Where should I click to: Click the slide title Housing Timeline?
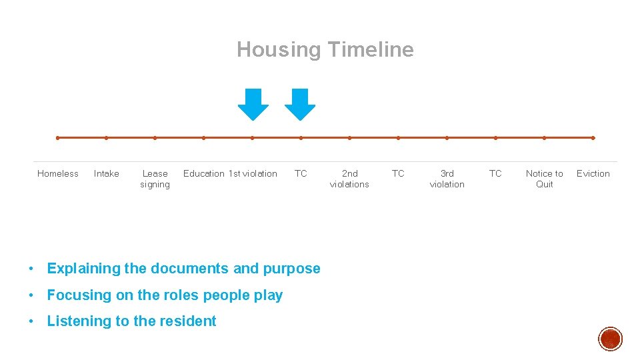[325, 49]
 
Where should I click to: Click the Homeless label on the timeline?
[58, 173]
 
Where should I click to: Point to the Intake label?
[107, 173]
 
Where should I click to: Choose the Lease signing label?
[155, 179]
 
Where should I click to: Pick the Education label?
[204, 173]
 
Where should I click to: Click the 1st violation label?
[253, 173]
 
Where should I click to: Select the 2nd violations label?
[349, 179]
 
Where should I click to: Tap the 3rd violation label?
[447, 179]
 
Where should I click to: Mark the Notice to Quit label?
[544, 179]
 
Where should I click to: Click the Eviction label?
[593, 173]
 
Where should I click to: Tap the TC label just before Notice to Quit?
[495, 173]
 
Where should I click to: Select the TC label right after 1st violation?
[301, 173]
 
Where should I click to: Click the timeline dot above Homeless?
[58, 138]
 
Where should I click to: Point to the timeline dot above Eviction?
[593, 138]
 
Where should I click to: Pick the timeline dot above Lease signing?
[155, 138]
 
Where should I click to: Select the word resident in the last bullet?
[188, 321]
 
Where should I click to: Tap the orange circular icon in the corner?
[610, 339]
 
